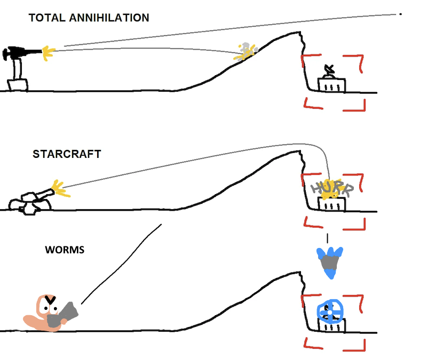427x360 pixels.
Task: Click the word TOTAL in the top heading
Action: pyautogui.click(x=47, y=18)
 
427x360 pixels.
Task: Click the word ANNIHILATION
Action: pyautogui.click(x=109, y=18)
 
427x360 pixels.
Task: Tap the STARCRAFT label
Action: pyautogui.click(x=67, y=154)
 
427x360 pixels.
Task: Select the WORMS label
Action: pyautogui.click(x=65, y=250)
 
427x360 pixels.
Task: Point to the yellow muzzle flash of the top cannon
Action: pyautogui.click(x=48, y=53)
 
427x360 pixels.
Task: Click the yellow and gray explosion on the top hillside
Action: pyautogui.click(x=246, y=51)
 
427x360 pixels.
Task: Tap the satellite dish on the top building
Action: pyautogui.click(x=329, y=71)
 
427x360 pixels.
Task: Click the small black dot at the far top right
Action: pyautogui.click(x=400, y=14)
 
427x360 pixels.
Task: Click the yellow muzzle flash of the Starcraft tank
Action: pyautogui.click(x=61, y=189)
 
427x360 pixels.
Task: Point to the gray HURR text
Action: pyautogui.click(x=332, y=188)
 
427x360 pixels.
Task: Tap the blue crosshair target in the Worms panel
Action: pyautogui.click(x=330, y=311)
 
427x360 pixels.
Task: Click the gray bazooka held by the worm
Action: pyautogui.click(x=62, y=316)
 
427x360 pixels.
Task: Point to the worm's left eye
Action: pyautogui.click(x=45, y=308)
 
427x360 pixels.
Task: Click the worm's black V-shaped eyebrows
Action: pyautogui.click(x=50, y=300)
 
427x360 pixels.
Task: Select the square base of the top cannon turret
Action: pyautogui.click(x=18, y=85)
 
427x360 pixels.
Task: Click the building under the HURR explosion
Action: pyautogui.click(x=331, y=204)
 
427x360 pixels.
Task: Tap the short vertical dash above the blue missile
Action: pyautogui.click(x=327, y=238)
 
